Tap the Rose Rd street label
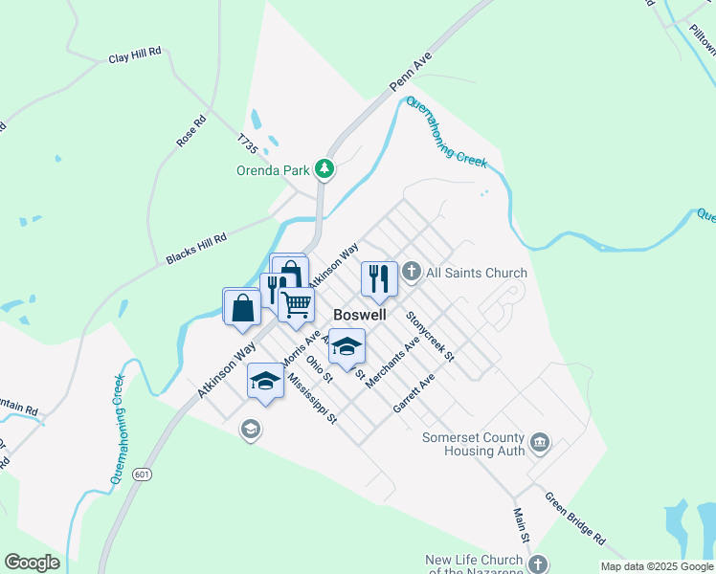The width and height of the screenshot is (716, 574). click(191, 131)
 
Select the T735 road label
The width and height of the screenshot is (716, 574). click(248, 143)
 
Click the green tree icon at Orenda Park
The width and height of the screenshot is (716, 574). click(325, 169)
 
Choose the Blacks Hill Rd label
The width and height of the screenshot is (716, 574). click(195, 250)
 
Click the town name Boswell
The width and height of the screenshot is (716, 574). click(360, 314)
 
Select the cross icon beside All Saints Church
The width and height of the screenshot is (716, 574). click(412, 273)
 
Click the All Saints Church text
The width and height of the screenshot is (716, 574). click(476, 274)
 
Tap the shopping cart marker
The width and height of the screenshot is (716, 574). click(297, 304)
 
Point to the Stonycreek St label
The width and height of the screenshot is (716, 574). click(429, 335)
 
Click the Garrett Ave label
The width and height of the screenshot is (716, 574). click(414, 393)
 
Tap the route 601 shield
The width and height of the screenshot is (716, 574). click(143, 475)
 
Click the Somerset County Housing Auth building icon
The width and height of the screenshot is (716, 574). click(540, 442)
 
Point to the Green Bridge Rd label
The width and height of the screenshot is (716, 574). click(574, 518)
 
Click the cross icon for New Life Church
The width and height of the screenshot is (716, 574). click(539, 563)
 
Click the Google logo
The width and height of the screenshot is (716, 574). click(32, 563)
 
